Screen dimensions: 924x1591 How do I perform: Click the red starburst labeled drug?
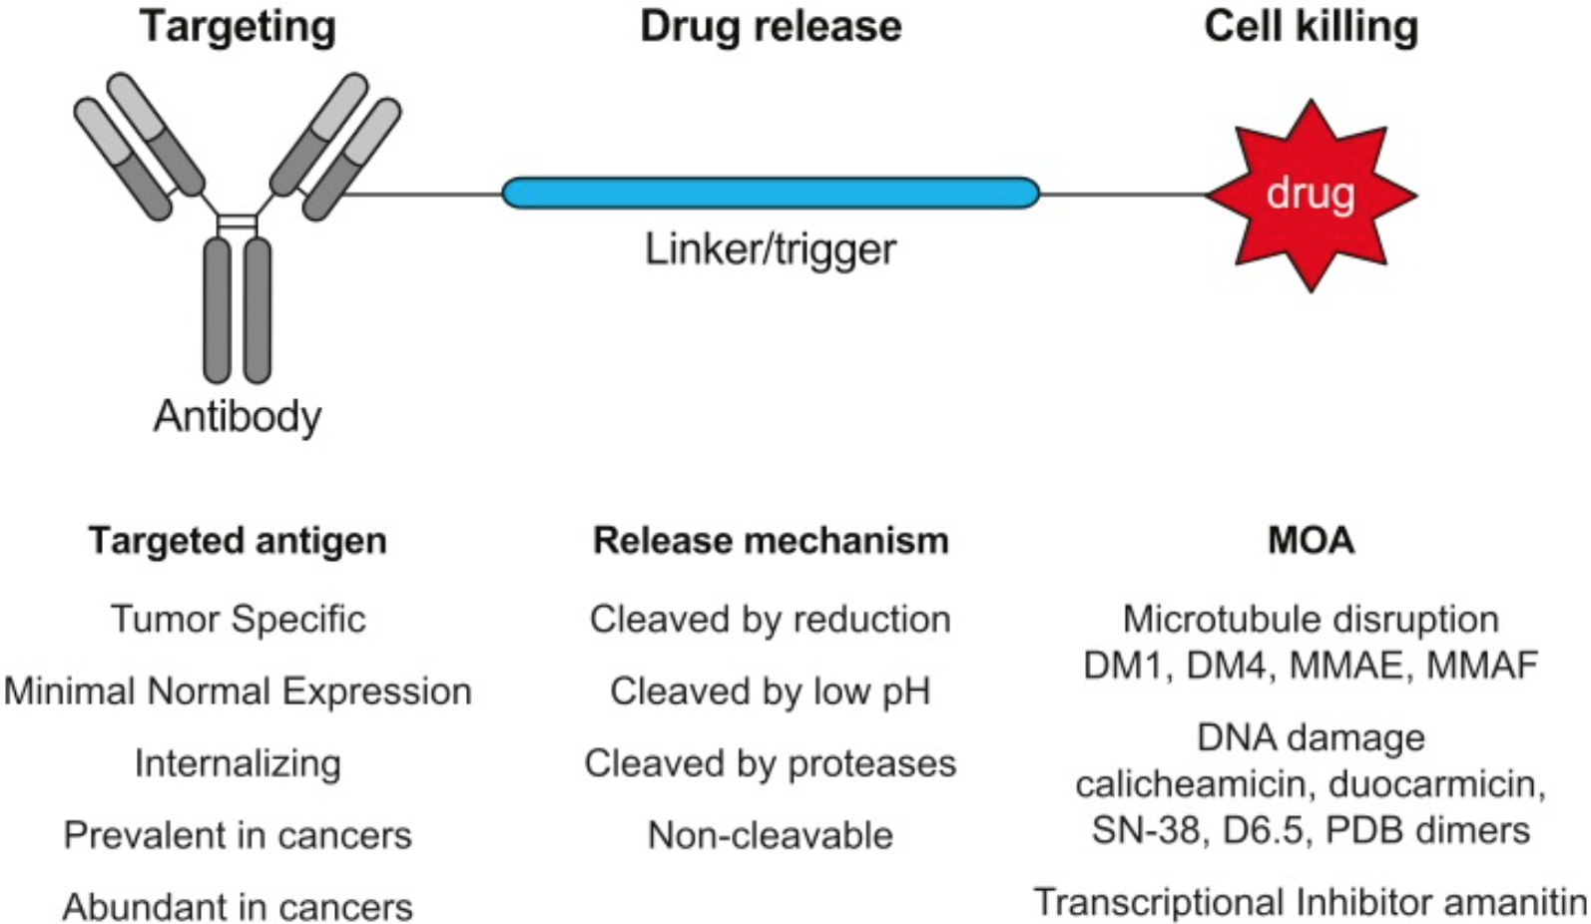coord(1311,195)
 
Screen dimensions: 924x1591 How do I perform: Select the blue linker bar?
coord(770,193)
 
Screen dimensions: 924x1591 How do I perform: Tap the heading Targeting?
coord(238,26)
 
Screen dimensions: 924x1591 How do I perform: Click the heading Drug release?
coord(771,26)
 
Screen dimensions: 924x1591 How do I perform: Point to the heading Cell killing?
coord(1311,26)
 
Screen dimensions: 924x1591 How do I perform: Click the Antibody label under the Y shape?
coord(238,415)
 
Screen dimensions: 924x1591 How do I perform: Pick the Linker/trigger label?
coord(770,248)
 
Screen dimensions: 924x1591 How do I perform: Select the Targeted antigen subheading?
coord(238,541)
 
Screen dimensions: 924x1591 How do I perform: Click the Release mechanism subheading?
coord(771,541)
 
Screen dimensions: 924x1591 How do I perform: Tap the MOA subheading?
coord(1311,541)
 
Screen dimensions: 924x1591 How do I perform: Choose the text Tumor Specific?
coord(238,619)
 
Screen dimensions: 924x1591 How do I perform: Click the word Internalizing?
coord(238,763)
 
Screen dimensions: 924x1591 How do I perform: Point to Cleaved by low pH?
coord(771,691)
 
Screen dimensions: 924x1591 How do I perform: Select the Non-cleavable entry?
coord(771,835)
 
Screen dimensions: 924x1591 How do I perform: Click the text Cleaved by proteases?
coord(771,763)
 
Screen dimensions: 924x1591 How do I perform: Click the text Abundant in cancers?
coord(238,907)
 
